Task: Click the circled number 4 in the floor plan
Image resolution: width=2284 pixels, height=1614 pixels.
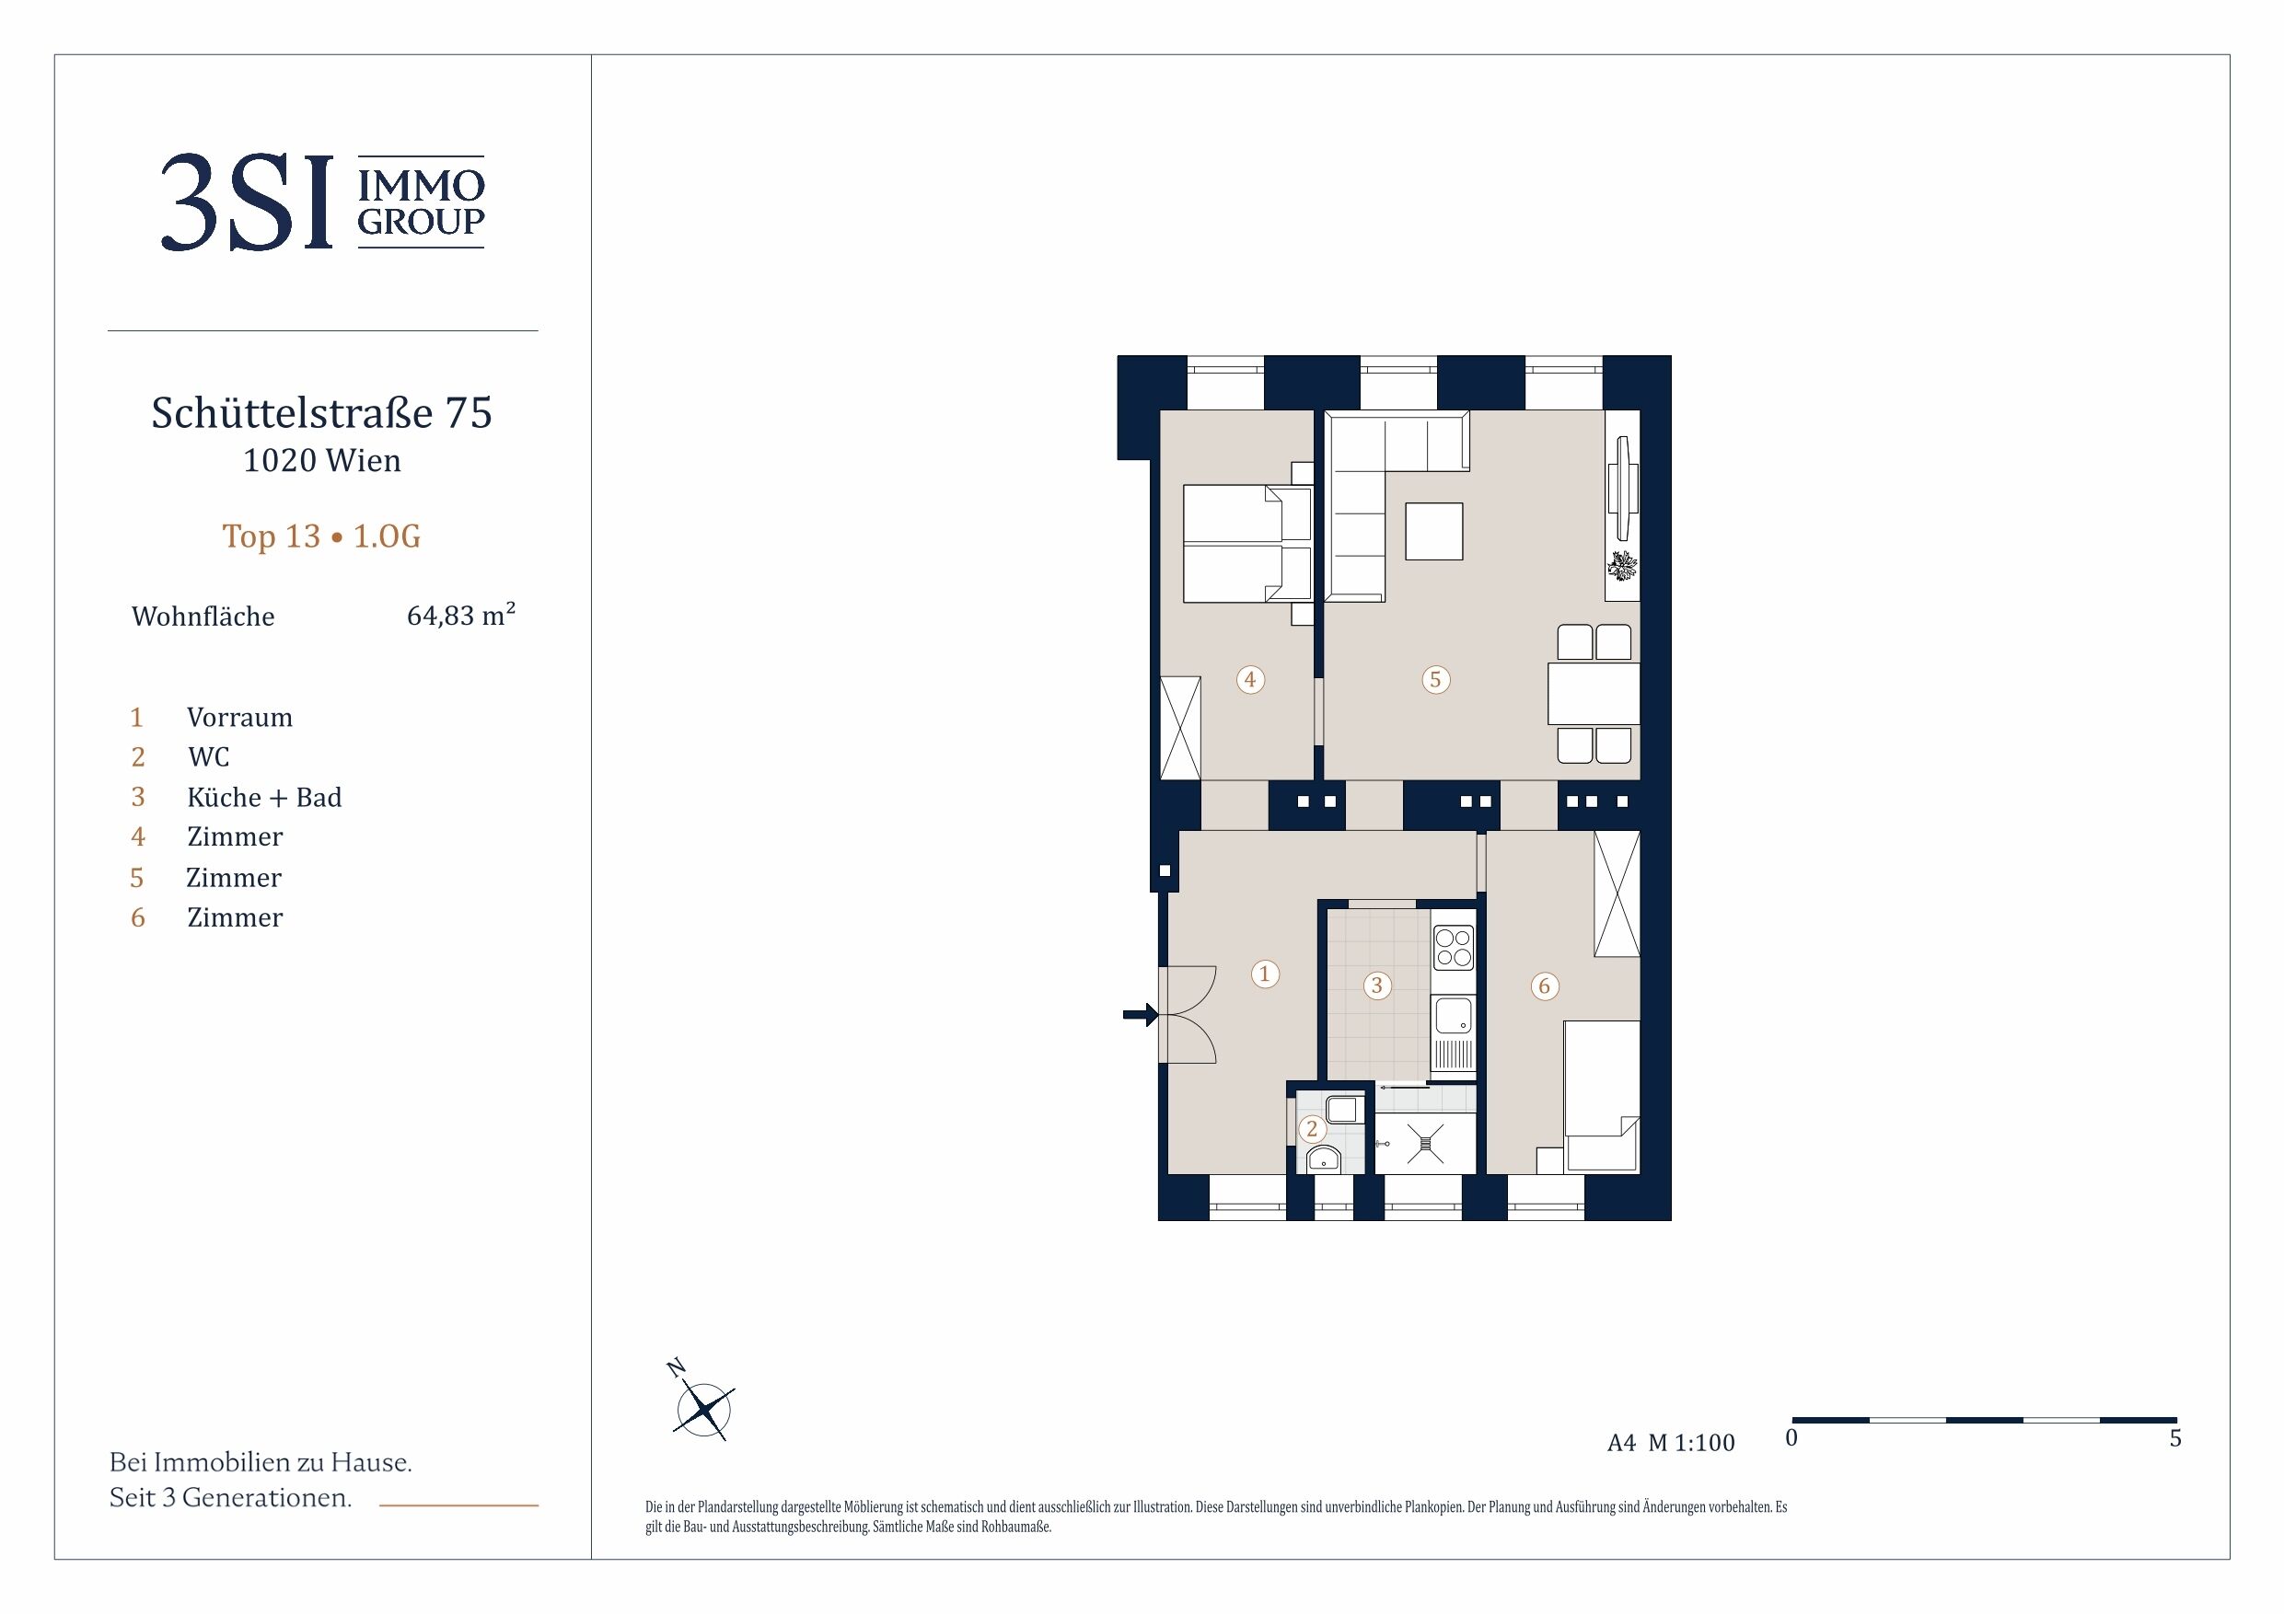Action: pyautogui.click(x=1250, y=679)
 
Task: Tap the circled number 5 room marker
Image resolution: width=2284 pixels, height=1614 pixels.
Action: pyautogui.click(x=1434, y=679)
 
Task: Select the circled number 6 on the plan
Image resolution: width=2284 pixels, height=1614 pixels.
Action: pyautogui.click(x=1544, y=986)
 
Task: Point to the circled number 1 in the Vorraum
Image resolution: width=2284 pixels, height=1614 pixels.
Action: pyautogui.click(x=1264, y=973)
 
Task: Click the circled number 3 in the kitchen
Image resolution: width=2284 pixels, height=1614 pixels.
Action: pyautogui.click(x=1377, y=985)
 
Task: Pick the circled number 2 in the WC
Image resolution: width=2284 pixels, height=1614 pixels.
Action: pyautogui.click(x=1312, y=1129)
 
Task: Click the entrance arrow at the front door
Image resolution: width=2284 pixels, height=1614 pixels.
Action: pyautogui.click(x=1140, y=1014)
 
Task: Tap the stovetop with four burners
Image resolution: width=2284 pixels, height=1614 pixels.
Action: pyautogui.click(x=1454, y=948)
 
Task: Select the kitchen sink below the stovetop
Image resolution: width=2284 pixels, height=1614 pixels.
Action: pyautogui.click(x=1454, y=1015)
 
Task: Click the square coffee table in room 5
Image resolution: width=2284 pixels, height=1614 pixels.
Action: pyautogui.click(x=1433, y=531)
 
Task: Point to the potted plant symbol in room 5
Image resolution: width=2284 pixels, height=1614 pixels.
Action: pyautogui.click(x=1622, y=566)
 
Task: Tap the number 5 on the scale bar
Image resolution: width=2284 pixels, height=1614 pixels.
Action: pyautogui.click(x=2175, y=1438)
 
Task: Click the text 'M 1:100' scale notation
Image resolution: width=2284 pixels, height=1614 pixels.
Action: pyautogui.click(x=1691, y=1442)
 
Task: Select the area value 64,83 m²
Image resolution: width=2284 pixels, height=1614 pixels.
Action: pyautogui.click(x=460, y=615)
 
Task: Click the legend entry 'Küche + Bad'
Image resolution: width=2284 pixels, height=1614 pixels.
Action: pyautogui.click(x=263, y=798)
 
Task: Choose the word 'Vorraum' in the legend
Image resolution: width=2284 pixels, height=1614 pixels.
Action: pyautogui.click(x=239, y=717)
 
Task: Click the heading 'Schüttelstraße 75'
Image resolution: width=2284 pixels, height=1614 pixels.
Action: pyautogui.click(x=321, y=412)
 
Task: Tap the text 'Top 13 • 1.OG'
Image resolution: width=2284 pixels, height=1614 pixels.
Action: pyautogui.click(x=321, y=536)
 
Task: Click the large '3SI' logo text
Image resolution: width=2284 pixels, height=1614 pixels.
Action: pyautogui.click(x=247, y=202)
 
